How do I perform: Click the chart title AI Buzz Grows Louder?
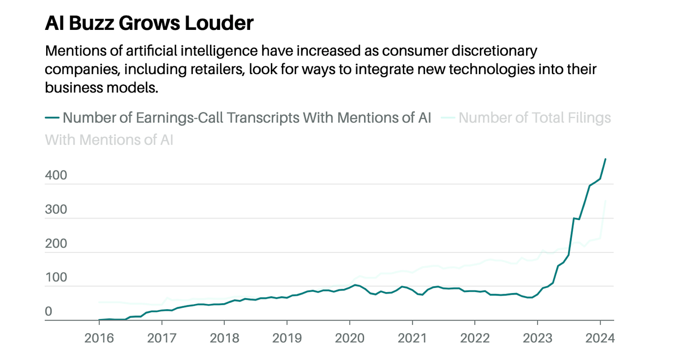pos(149,23)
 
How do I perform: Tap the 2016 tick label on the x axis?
pos(99,338)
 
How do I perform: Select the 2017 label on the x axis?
pos(161,338)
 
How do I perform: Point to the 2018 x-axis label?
pos(224,338)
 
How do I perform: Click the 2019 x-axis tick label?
pos(287,338)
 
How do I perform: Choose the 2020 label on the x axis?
pos(349,338)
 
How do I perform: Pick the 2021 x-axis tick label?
pos(412,338)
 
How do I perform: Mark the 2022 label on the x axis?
pos(475,338)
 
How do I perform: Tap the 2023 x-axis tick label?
pos(537,338)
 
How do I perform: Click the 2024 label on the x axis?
pos(600,338)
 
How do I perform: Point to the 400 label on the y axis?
pos(56,175)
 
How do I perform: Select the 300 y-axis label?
pos(56,209)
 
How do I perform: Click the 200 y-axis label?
pos(56,243)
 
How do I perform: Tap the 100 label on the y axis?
pos(56,277)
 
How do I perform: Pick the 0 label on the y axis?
pos(49,311)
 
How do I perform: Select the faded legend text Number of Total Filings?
pos(535,118)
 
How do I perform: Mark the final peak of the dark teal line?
pos(605,159)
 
